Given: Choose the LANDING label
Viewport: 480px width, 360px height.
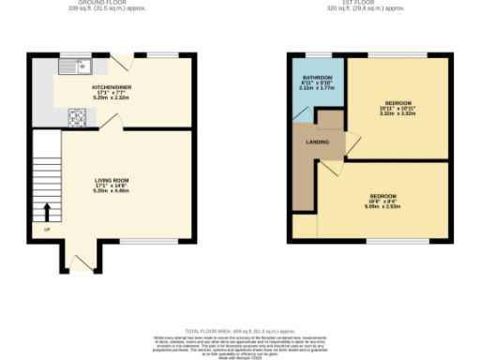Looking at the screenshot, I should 317,142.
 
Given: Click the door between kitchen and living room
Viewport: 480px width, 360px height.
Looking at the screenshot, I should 109,122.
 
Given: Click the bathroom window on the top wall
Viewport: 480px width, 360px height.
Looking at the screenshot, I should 317,54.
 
